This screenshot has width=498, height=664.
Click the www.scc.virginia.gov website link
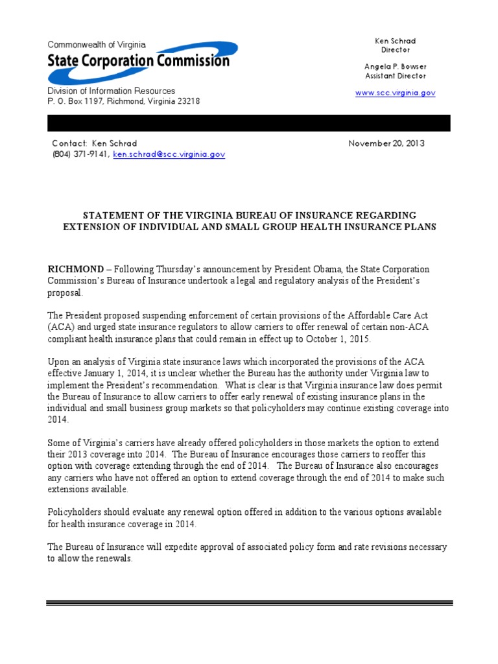pyautogui.click(x=395, y=93)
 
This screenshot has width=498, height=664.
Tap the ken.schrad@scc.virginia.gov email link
pyautogui.click(x=169, y=155)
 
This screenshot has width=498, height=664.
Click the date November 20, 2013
pyautogui.click(x=386, y=143)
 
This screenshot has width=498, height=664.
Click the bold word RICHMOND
pyautogui.click(x=76, y=269)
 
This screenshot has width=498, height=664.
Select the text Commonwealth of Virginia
pyautogui.click(x=97, y=45)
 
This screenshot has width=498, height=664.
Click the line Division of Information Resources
pyautogui.click(x=111, y=91)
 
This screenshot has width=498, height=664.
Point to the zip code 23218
pyautogui.click(x=187, y=102)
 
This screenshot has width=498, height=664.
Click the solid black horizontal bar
pyautogui.click(x=248, y=123)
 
